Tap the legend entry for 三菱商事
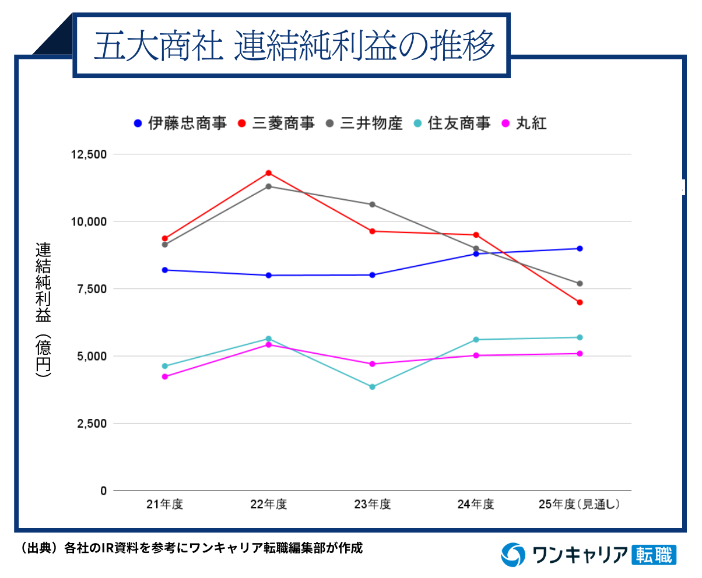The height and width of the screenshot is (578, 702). point(277,124)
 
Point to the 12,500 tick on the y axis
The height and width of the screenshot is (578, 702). point(89,154)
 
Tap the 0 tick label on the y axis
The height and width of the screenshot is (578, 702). point(103,491)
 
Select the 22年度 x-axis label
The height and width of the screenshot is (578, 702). point(268,505)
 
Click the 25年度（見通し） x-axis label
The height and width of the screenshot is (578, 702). point(580,505)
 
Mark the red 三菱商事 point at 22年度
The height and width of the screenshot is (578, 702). point(269,173)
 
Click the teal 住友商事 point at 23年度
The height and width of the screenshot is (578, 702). point(372,387)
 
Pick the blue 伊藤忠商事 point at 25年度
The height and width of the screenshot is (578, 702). point(580,249)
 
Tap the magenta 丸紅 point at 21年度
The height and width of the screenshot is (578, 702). point(165,377)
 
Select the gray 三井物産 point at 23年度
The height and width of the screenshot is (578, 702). point(372,205)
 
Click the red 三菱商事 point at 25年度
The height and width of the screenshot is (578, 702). point(580,302)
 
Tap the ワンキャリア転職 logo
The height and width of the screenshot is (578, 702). point(589,554)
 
